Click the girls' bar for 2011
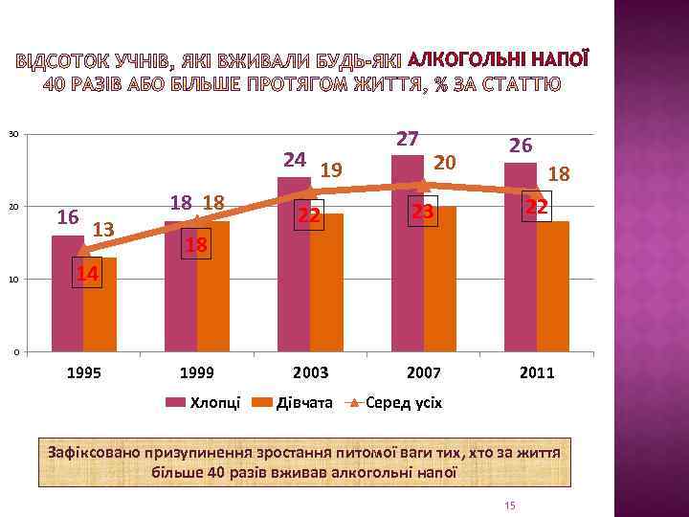pyautogui.click(x=553, y=287)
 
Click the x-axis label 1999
pyautogui.click(x=197, y=372)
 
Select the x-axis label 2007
pyautogui.click(x=424, y=372)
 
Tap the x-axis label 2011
pyautogui.click(x=537, y=372)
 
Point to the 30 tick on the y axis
pyautogui.click(x=14, y=133)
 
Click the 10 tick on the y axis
pyautogui.click(x=14, y=280)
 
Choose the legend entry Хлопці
pyautogui.click(x=207, y=403)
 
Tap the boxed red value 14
pyautogui.click(x=87, y=274)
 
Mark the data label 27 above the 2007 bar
pyautogui.click(x=409, y=140)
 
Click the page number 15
pyautogui.click(x=509, y=506)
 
